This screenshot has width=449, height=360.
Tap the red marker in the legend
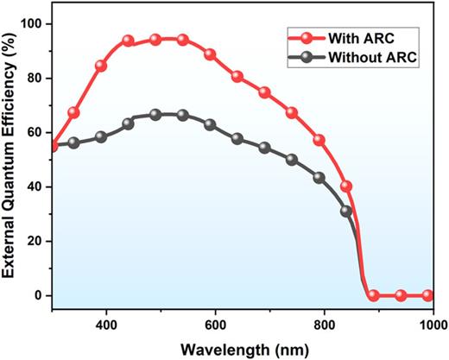[307, 36]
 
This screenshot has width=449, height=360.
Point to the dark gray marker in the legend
[307, 58]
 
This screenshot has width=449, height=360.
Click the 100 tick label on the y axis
[32, 23]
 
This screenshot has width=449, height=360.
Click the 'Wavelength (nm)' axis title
[241, 349]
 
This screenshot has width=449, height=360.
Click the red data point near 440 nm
[128, 41]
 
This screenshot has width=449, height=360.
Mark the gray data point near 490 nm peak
[155, 114]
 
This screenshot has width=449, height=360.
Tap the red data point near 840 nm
[346, 186]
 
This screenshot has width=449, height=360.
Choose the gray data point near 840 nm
[346, 211]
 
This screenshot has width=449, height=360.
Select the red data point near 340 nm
[73, 113]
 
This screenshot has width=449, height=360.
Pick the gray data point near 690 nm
[264, 148]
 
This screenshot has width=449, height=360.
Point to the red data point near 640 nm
[237, 77]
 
